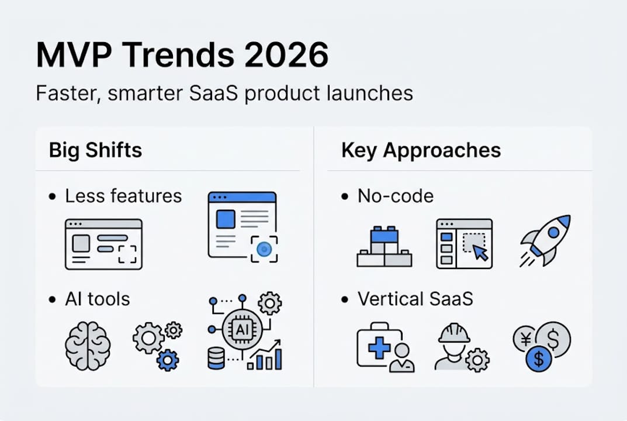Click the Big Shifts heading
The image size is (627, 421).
[x=95, y=150]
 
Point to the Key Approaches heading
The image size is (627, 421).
[x=421, y=150]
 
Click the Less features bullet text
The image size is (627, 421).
[x=123, y=196]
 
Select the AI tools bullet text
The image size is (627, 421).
[x=98, y=299]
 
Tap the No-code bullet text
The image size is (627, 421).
[x=396, y=196]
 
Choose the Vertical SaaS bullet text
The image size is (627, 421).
[x=415, y=299]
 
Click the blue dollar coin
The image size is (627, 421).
[x=539, y=358]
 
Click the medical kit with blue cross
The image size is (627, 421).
[x=379, y=347]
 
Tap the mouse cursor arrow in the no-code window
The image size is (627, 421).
[x=480, y=252]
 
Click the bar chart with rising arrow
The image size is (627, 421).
[x=265, y=355]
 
